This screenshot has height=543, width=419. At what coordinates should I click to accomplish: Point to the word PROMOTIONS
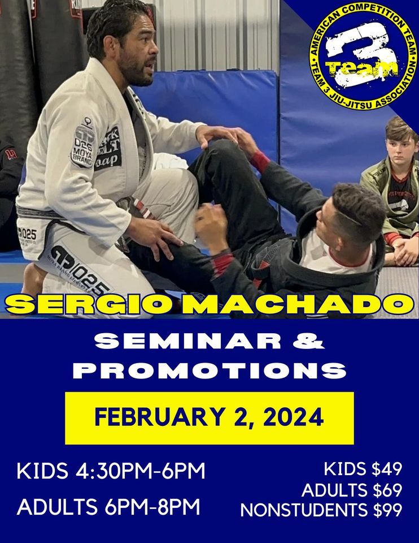[209, 370]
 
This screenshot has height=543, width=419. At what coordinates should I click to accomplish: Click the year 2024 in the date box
[289, 417]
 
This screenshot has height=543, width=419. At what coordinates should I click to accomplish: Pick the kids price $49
[384, 469]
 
